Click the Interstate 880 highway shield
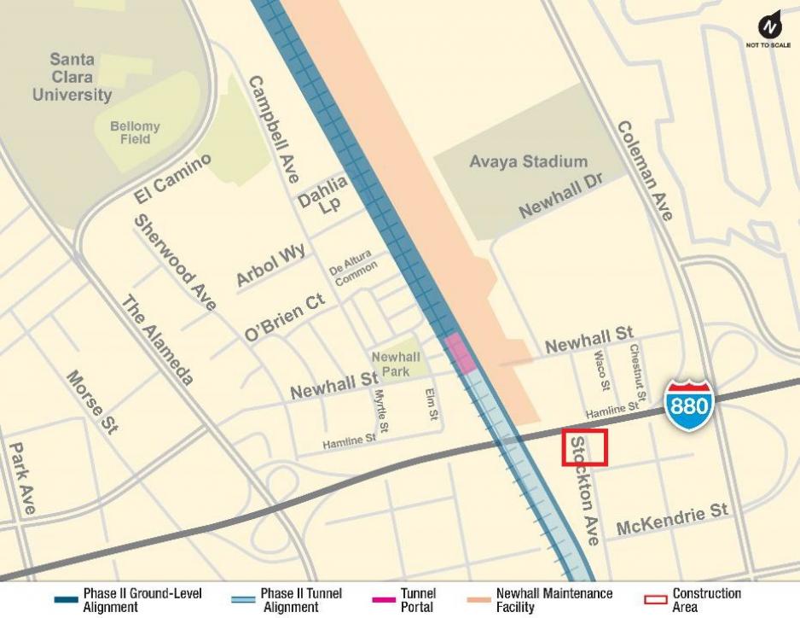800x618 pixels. pos(687,404)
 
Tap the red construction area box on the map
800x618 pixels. pos(584,447)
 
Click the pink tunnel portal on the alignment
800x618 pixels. pos(460,352)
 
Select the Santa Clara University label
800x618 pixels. pos(72,77)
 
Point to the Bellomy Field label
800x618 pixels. pos(135,132)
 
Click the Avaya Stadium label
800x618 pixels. pos(528,161)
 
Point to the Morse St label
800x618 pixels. pos(91,402)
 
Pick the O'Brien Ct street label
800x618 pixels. pos(285,319)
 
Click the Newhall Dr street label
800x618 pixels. pos(560,199)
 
